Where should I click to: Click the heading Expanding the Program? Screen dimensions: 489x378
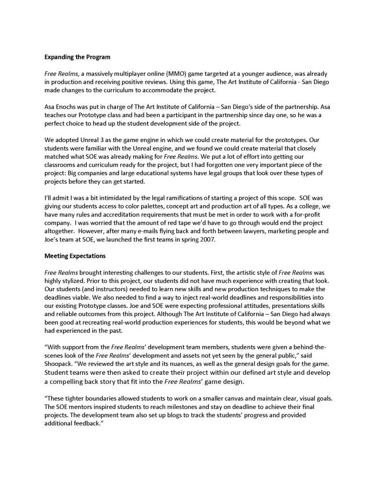[x=77, y=57]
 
